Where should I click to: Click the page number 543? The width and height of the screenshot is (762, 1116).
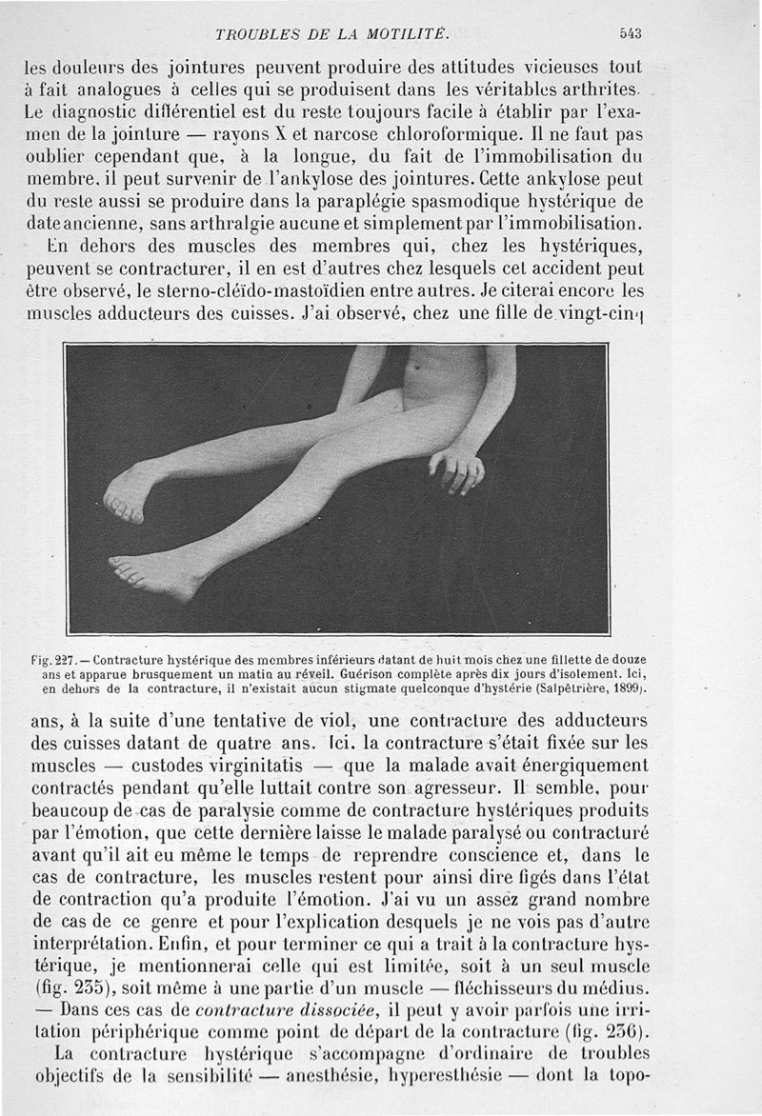(x=630, y=33)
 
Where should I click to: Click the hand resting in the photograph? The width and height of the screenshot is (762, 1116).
(x=456, y=468)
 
